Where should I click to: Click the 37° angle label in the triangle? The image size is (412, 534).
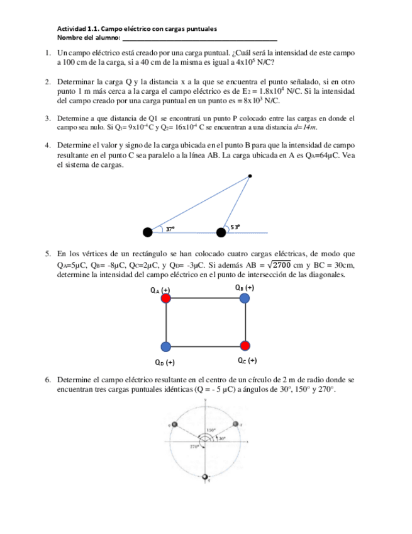point(170,229)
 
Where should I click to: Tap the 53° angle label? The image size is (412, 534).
point(235,227)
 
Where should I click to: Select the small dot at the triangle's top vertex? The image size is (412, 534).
point(250,176)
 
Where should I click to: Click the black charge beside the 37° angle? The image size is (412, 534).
point(148,232)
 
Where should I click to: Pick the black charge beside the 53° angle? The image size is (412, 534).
point(221,232)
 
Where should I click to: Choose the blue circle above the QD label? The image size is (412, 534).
point(165,346)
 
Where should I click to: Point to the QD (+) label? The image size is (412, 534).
point(165,362)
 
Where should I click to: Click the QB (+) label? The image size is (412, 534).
point(245,287)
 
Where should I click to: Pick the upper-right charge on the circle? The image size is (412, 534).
point(237,425)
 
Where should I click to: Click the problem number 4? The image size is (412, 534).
point(48,144)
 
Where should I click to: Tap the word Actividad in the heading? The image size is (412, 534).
point(71,29)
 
